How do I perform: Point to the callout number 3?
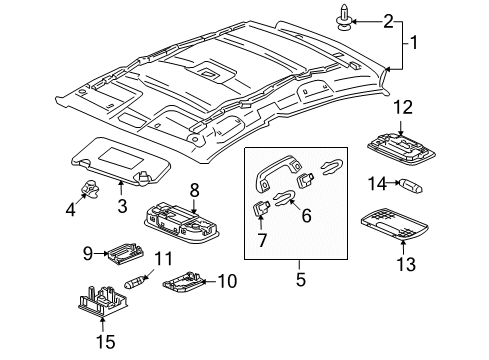[x=121, y=207]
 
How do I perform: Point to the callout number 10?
[x=228, y=281]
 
